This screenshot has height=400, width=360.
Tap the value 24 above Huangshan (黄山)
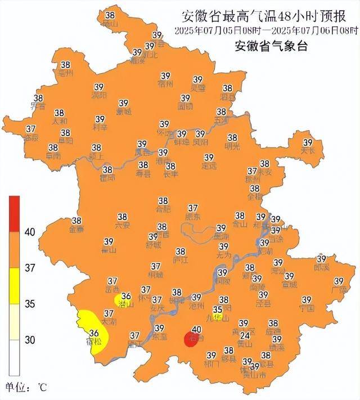click(x=244, y=334)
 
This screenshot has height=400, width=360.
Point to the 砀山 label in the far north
click(x=110, y=24)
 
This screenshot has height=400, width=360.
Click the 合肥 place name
click(x=163, y=209)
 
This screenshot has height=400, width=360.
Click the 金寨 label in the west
click(x=76, y=230)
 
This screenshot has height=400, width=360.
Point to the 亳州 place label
click(x=66, y=73)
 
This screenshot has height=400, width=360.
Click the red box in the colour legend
click(x=14, y=213)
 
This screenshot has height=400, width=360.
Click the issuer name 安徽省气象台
click(x=271, y=47)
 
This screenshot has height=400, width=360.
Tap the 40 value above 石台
click(x=196, y=330)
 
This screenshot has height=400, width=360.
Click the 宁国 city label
click(x=307, y=309)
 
